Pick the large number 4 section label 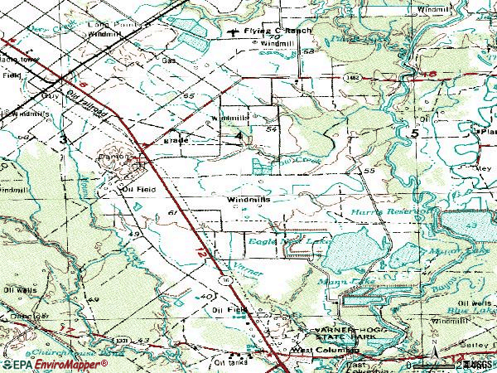[x=239, y=134]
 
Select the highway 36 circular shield [x=225, y=282]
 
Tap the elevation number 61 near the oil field [x=171, y=214]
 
